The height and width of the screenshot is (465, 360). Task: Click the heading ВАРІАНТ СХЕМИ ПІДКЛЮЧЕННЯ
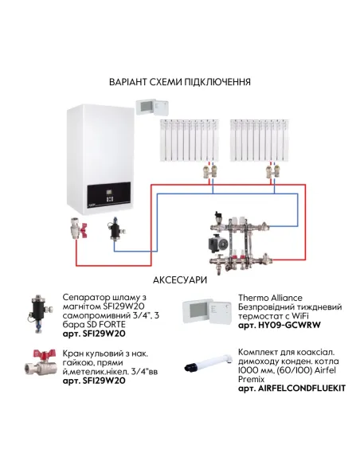pos(180,83)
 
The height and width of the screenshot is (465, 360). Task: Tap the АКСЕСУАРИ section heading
pos(180,280)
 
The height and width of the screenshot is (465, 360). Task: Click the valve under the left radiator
pos(209,170)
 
